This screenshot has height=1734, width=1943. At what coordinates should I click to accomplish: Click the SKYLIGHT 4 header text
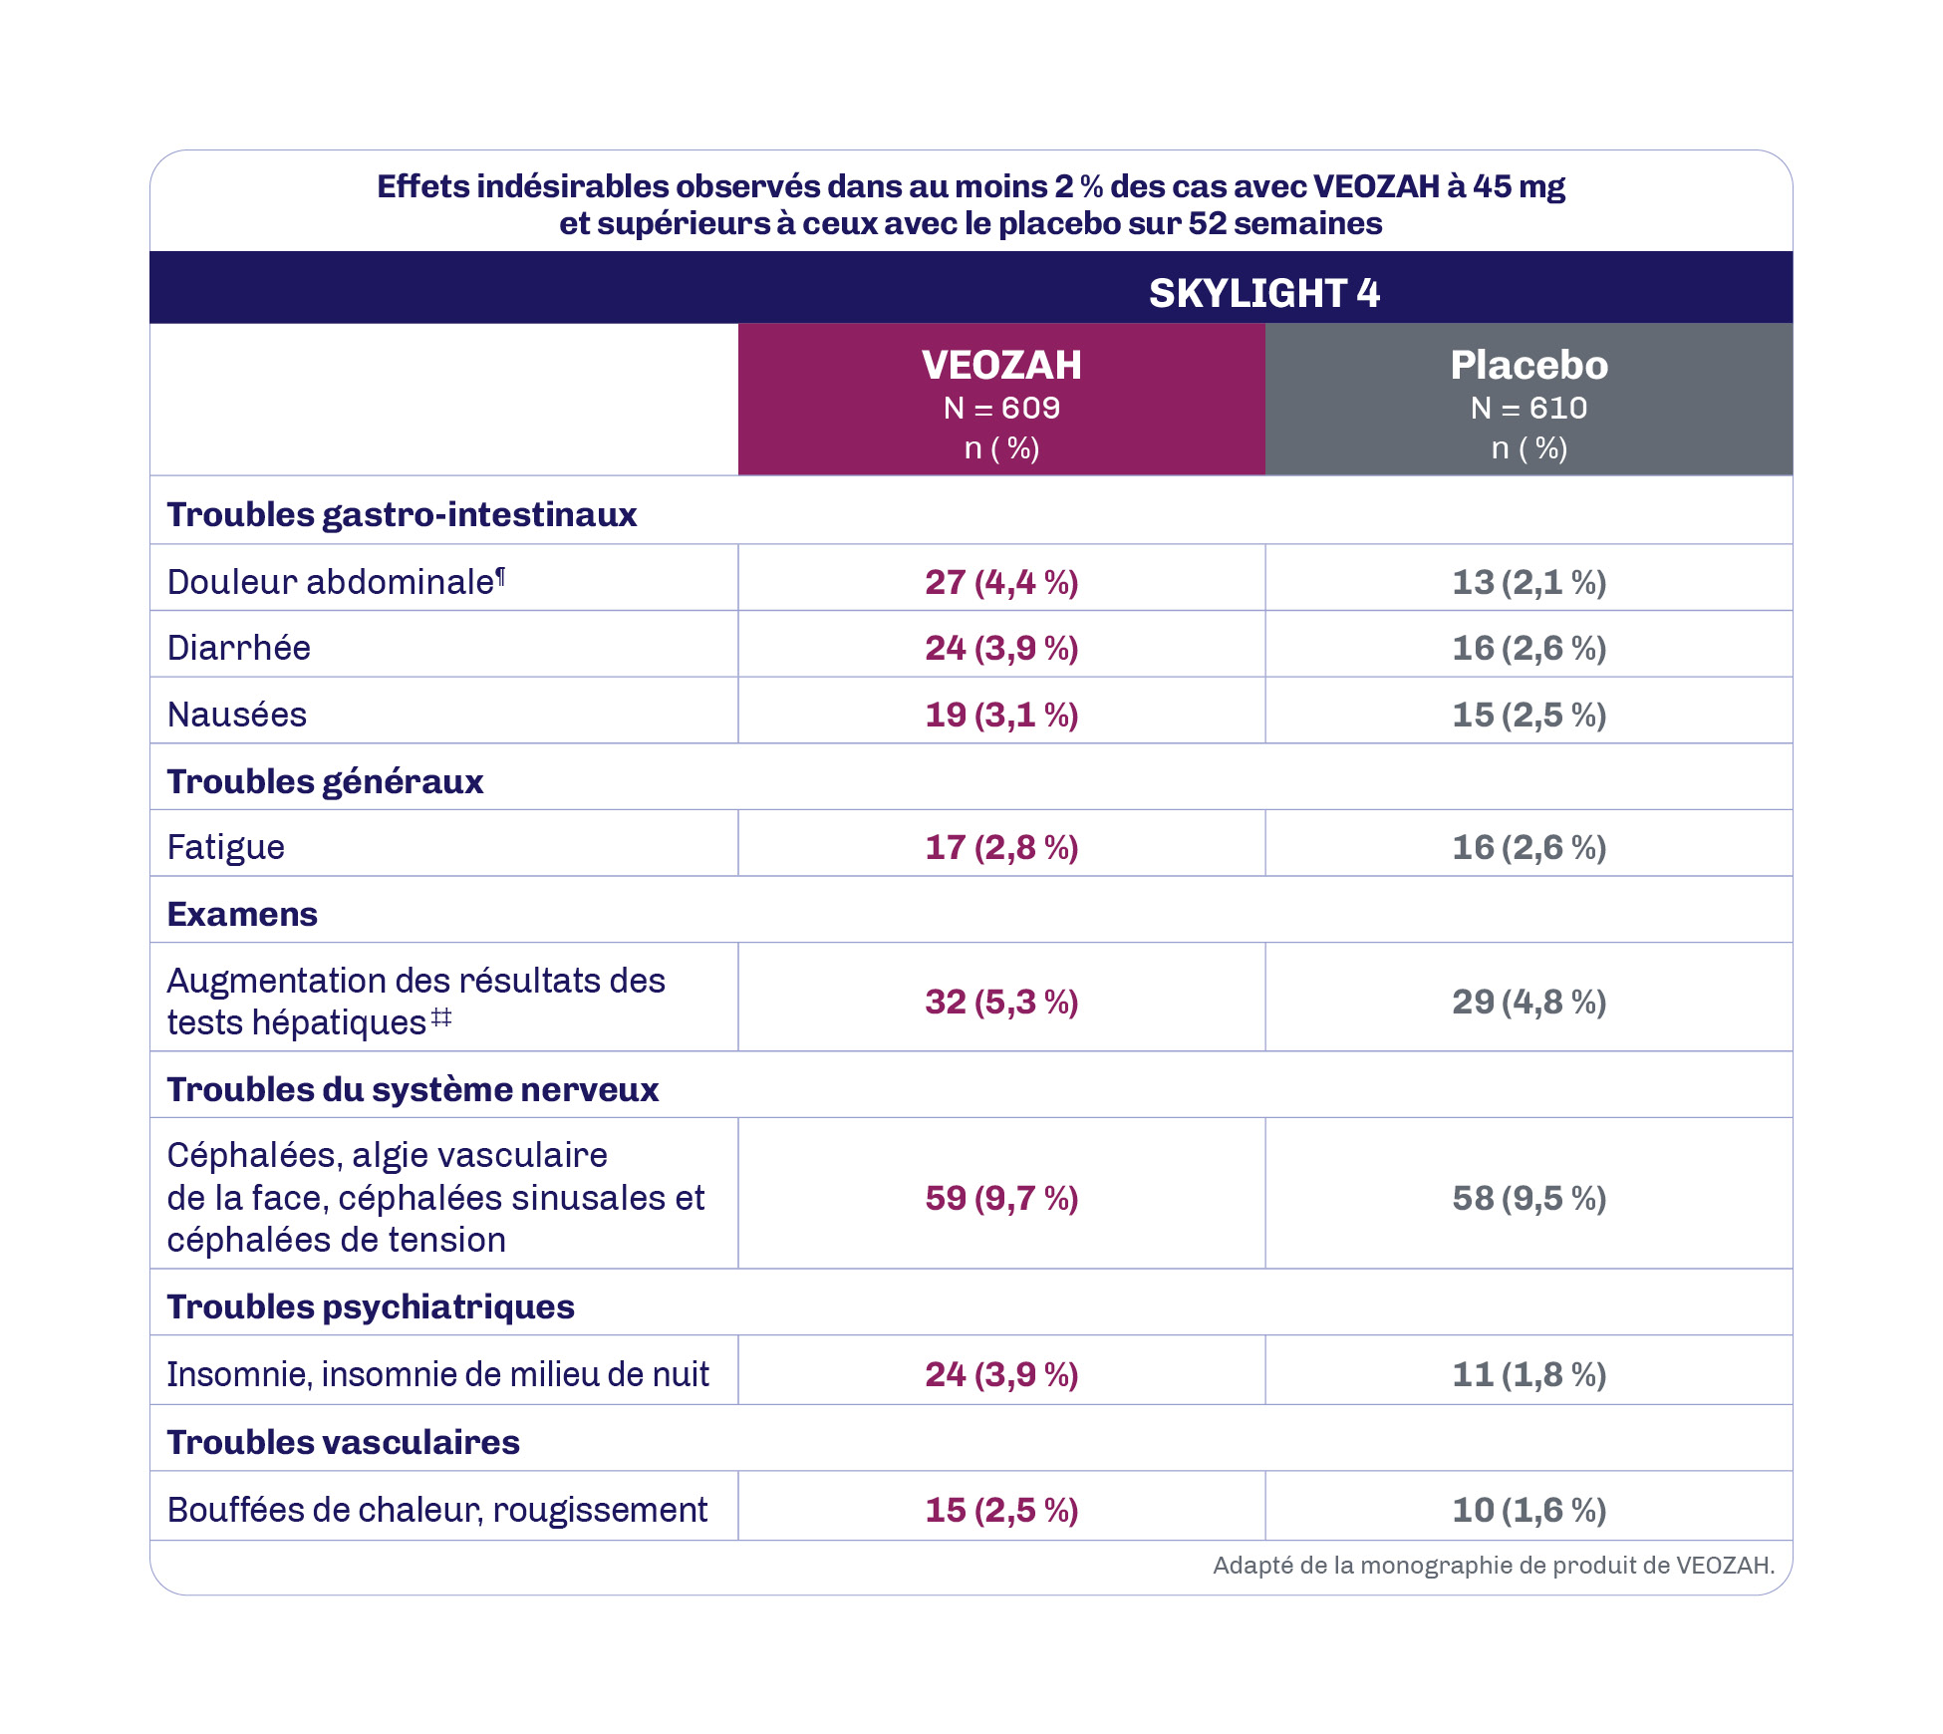(x=1263, y=293)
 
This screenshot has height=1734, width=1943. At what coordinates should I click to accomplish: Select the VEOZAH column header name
(x=1001, y=366)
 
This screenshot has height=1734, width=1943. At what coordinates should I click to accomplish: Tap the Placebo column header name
(x=1528, y=366)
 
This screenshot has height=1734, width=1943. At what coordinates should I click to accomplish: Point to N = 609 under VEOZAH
(x=1001, y=409)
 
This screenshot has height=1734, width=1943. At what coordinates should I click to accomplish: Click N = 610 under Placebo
(x=1528, y=409)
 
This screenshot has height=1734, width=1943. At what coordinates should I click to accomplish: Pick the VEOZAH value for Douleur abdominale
(x=1001, y=582)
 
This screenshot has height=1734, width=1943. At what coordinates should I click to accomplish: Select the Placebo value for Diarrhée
(x=1528, y=649)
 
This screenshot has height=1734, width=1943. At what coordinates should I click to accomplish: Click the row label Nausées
(x=237, y=715)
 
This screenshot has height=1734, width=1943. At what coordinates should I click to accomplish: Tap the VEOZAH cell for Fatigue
(x=1001, y=848)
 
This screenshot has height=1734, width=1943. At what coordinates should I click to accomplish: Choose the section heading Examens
(x=242, y=915)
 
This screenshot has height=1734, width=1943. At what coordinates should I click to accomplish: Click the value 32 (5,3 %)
(x=1001, y=1002)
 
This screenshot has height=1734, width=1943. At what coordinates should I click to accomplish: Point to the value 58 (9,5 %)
(x=1528, y=1198)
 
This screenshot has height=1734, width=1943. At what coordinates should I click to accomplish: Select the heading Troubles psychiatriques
(x=371, y=1306)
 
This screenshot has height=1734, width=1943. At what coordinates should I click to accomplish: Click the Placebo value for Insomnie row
(x=1528, y=1374)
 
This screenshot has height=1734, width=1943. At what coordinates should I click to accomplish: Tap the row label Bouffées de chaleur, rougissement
(x=437, y=1510)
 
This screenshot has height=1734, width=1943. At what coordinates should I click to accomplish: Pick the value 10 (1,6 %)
(x=1528, y=1510)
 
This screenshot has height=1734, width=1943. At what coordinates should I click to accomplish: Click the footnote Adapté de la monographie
(x=1493, y=1566)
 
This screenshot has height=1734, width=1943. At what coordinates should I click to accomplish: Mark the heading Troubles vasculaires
(x=344, y=1442)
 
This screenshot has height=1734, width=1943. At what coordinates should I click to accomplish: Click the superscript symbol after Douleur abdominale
(x=501, y=575)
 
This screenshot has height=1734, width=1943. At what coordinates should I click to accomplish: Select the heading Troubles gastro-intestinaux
(x=402, y=514)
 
